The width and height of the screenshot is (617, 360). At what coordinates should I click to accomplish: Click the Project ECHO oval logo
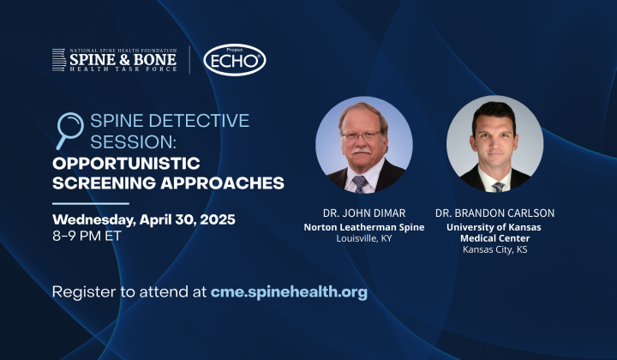tap(235, 60)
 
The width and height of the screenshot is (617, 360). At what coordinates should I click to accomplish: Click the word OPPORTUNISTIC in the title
tap(126, 163)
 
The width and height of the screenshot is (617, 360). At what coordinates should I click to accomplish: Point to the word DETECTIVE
tap(201, 120)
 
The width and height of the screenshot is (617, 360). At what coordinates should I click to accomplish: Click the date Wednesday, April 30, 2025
tap(144, 219)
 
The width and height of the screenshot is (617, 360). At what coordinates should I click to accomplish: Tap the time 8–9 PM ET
tap(87, 236)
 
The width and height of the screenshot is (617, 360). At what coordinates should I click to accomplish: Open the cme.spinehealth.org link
tap(289, 292)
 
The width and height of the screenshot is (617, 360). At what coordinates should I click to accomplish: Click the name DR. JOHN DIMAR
tap(364, 213)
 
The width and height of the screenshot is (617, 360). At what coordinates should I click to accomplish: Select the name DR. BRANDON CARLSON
tap(494, 213)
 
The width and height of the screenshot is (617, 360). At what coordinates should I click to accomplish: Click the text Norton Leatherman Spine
tap(364, 227)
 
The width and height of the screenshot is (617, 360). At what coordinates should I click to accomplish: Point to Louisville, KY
tap(364, 238)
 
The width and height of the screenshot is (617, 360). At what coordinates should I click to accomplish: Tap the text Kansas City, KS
tap(494, 249)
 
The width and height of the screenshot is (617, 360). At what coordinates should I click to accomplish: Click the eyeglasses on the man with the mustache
tap(361, 135)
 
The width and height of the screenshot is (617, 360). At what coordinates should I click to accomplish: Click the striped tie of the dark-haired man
tap(498, 187)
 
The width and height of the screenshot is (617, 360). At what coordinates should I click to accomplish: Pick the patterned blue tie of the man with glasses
tap(360, 184)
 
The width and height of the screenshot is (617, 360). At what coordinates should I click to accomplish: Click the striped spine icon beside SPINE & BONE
tap(59, 60)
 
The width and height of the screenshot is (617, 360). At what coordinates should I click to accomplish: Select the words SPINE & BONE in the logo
tap(123, 60)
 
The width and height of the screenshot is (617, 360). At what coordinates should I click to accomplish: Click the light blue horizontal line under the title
tap(91, 204)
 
